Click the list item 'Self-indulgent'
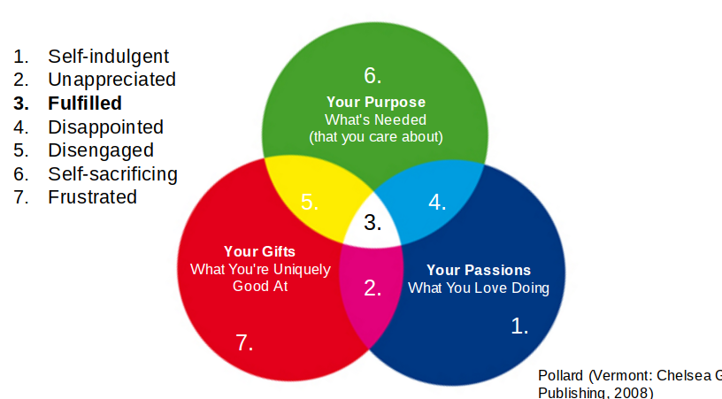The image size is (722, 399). (x=108, y=58)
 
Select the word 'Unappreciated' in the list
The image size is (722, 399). (x=111, y=80)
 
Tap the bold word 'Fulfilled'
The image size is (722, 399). (x=85, y=104)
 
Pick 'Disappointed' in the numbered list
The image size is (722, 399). (x=105, y=127)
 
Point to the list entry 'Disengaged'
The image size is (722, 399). (x=101, y=150)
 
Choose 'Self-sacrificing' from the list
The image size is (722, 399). (x=112, y=173)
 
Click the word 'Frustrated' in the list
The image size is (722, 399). (x=92, y=197)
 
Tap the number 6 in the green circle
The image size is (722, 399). (x=373, y=75)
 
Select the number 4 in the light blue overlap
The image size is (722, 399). (x=437, y=203)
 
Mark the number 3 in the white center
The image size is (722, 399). (x=373, y=223)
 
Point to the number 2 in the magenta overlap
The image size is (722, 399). (x=373, y=288)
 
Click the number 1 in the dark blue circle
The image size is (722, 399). (x=520, y=326)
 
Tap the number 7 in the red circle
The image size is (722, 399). (x=245, y=343)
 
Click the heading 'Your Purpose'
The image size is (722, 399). (x=376, y=102)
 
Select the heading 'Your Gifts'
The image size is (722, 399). (x=259, y=251)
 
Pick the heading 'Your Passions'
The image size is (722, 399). (x=479, y=270)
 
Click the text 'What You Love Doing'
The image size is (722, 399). (x=479, y=288)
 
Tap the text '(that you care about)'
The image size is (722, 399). (x=376, y=137)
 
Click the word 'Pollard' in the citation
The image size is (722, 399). (x=561, y=375)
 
